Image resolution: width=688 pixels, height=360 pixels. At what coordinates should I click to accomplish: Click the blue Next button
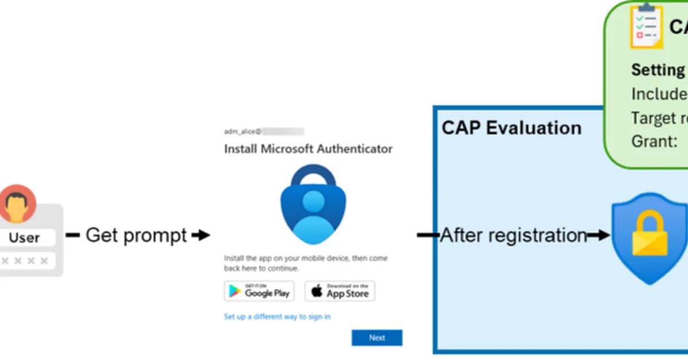(377, 338)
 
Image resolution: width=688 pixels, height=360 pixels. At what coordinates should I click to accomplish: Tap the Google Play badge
(259, 291)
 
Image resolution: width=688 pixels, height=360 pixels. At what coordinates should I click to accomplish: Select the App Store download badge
(340, 291)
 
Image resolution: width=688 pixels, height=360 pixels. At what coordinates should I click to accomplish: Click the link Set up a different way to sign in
(277, 316)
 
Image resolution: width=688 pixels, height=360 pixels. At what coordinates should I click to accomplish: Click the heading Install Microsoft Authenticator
(308, 149)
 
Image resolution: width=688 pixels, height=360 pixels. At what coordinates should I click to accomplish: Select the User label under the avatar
(25, 237)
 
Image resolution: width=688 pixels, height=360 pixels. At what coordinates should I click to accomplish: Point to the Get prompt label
(136, 235)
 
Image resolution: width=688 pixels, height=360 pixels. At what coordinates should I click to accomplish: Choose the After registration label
(513, 235)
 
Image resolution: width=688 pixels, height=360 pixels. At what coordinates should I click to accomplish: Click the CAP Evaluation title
(511, 127)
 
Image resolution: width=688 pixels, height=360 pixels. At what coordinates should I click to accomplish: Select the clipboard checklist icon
(646, 27)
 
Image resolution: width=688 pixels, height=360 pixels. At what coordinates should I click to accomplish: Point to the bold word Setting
(658, 70)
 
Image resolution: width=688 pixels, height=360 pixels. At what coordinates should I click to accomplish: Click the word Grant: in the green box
(654, 141)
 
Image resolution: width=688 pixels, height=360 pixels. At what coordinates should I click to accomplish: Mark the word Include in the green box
(659, 93)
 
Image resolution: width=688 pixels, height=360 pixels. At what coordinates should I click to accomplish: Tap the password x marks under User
(25, 261)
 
